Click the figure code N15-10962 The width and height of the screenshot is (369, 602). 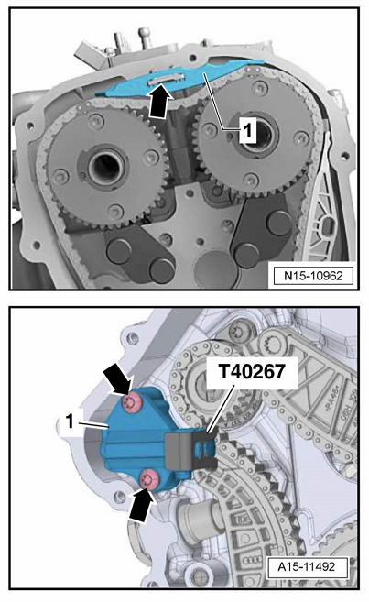coord(313,275)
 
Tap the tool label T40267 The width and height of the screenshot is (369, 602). coord(252,371)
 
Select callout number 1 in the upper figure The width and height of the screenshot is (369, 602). coord(248,130)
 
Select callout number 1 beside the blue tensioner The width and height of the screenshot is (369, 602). coord(70,421)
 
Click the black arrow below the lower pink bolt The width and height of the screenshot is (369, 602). coord(143,505)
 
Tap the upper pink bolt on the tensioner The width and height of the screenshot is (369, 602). coord(132,403)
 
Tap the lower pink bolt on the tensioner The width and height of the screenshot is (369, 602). coord(149,479)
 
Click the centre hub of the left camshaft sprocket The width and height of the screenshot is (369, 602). coord(107,167)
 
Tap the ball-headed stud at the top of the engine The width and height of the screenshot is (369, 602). coord(145,38)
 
